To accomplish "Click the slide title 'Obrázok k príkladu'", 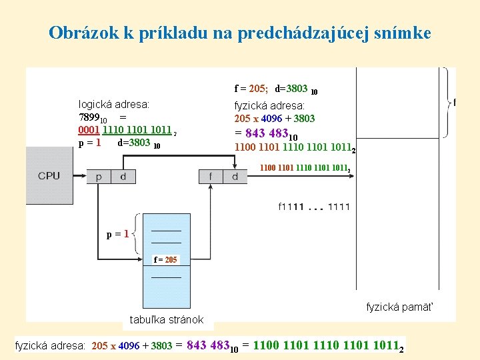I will coord(240,33).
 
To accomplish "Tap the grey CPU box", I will coord(49,175).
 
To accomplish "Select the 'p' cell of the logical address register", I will coord(99,177).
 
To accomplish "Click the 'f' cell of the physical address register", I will coord(211,177).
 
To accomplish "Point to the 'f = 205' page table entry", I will coord(165,259).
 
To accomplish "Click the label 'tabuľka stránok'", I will coord(167,319).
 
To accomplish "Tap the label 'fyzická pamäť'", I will coord(399,307).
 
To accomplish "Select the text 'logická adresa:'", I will coord(114,105).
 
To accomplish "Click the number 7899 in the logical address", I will coord(90,118).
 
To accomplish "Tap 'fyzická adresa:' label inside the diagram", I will coord(269,105).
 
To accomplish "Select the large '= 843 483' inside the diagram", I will coord(266,133).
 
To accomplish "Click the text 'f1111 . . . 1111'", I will coord(313,207).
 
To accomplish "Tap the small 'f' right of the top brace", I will coord(455,102).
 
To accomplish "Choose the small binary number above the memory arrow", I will coord(305,169).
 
